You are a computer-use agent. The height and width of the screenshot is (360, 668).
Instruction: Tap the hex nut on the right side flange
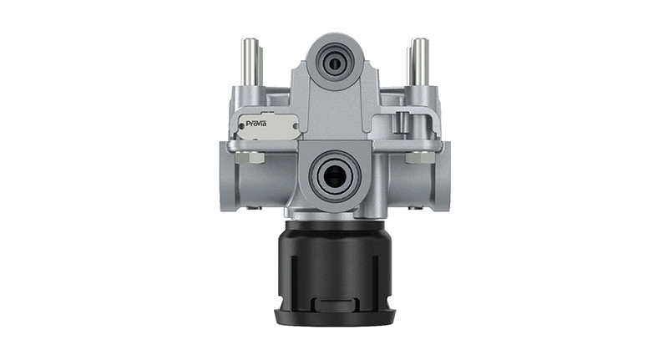tap(414, 156)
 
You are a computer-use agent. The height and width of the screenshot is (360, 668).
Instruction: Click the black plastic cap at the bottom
tap(334, 267)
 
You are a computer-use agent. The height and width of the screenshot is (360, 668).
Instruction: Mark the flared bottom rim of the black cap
tap(334, 315)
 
